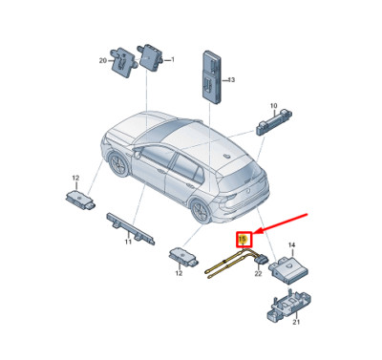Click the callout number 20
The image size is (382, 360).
102,60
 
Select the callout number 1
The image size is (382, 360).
173,59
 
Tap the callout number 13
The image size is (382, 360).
231,79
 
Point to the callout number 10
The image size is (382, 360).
274,105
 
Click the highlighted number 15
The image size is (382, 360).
243,239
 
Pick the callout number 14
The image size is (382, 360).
292,244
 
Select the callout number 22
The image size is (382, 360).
258,273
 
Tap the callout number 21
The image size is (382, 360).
296,322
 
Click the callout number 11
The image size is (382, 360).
128,242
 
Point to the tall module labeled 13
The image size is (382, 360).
211,76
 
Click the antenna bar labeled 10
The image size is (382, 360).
274,122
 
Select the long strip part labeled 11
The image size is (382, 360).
131,228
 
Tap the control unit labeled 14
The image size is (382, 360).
288,267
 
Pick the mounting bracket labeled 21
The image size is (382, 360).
288,307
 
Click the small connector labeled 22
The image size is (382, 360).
261,261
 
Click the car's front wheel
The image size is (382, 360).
119,164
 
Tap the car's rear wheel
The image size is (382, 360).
202,211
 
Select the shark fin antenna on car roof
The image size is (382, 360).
227,156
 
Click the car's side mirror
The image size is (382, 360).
138,155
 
